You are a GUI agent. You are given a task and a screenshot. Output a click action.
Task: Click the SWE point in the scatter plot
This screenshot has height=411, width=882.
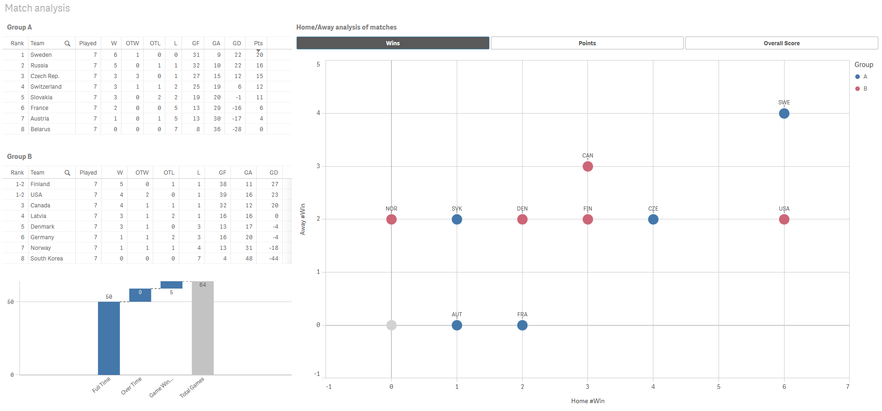[784, 114]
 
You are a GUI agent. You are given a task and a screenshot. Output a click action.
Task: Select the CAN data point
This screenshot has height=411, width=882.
[587, 166]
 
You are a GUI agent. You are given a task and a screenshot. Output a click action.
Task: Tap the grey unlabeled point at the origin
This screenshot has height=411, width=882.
[391, 325]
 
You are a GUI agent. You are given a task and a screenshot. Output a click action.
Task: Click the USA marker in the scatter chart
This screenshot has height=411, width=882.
[784, 219]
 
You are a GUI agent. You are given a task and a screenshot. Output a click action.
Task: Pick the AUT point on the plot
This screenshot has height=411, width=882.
[457, 325]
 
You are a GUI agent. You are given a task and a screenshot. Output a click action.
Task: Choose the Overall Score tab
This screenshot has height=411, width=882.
[781, 43]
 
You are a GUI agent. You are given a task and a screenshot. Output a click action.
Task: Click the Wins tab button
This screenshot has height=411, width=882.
[393, 43]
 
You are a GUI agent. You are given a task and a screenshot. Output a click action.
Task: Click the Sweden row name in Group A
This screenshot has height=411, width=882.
[41, 55]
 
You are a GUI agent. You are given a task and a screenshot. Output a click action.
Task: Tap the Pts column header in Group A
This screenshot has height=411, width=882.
[258, 43]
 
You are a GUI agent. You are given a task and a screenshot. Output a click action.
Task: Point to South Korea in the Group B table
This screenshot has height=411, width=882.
[47, 259]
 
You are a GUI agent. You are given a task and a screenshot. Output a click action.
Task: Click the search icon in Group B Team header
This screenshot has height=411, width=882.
[67, 173]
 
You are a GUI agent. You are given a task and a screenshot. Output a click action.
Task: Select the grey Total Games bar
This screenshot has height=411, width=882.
[203, 328]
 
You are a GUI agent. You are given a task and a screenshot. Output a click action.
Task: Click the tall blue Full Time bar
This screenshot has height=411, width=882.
[109, 338]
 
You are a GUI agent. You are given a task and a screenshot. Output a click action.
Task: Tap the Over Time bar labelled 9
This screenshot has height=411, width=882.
[140, 295]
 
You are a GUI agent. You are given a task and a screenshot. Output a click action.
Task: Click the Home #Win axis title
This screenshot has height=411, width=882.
[587, 401]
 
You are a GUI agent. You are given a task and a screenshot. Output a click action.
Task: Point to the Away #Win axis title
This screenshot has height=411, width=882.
[303, 219]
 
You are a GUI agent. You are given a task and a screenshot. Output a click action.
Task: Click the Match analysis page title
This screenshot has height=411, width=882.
[37, 8]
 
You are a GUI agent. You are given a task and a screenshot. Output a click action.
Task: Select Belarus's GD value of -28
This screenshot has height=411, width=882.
[237, 129]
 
